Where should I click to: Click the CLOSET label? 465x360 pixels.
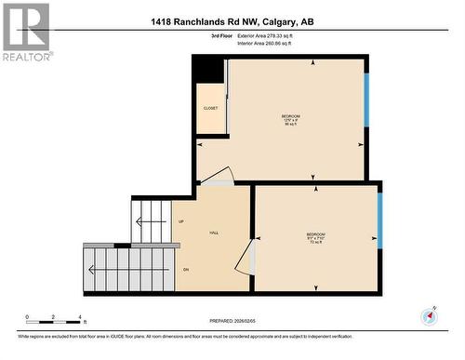[211, 108]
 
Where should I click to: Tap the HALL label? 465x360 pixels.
[213, 233]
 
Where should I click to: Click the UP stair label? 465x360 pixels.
[181, 221]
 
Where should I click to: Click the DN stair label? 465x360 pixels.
[185, 270]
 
